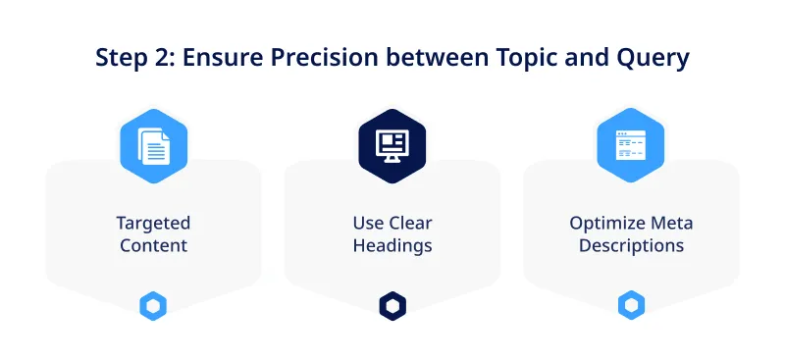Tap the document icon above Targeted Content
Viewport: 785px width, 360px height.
pos(153,146)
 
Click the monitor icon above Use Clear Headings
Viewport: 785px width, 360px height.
pos(392,146)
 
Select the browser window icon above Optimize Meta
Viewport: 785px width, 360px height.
pos(631,146)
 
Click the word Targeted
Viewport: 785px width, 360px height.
pos(153,223)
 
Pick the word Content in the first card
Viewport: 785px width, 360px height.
pos(153,245)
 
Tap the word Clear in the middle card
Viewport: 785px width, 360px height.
pos(412,223)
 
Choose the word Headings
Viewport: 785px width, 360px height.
pos(392,245)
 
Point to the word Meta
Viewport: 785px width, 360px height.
pos(672,223)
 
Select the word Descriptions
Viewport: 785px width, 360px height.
pos(631,245)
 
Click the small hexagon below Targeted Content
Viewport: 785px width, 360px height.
pos(153,306)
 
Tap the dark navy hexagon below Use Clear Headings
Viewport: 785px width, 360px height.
pos(392,306)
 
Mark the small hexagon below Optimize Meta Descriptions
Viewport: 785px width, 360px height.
pos(631,306)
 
